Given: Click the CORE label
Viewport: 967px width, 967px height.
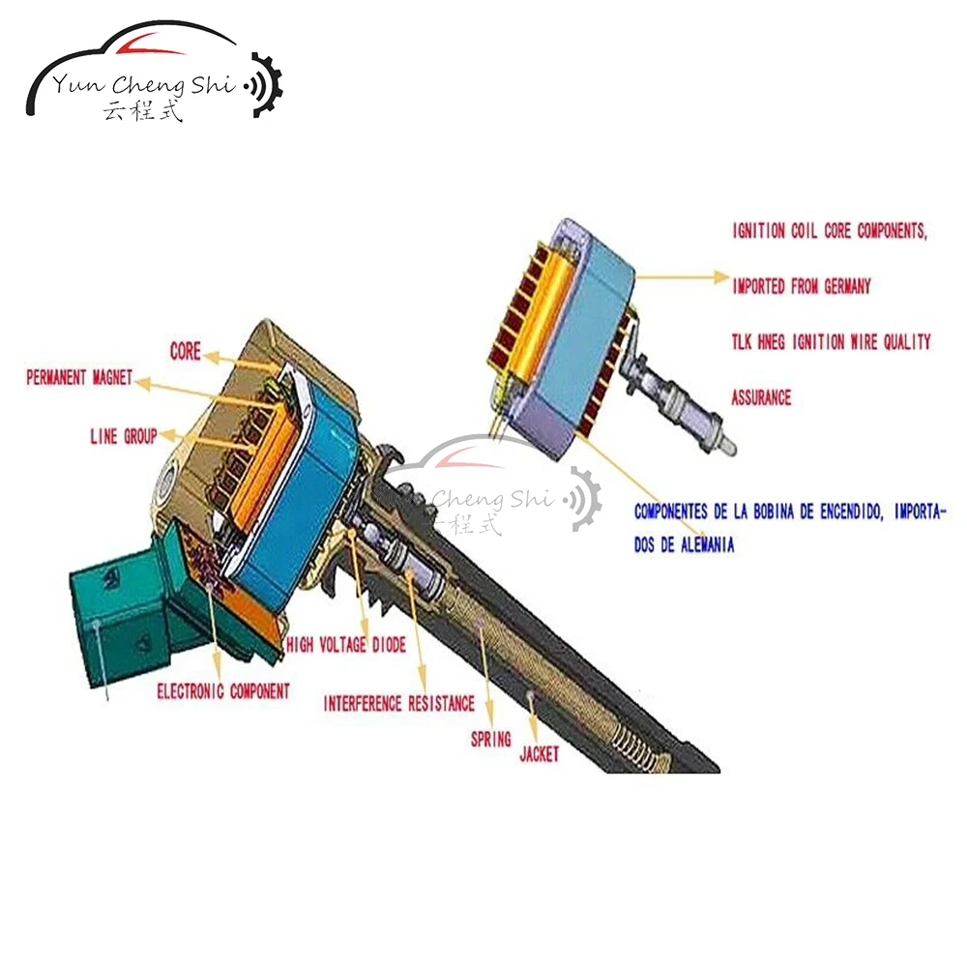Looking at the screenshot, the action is point(185,350).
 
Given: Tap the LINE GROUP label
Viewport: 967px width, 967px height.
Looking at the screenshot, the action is point(123,436).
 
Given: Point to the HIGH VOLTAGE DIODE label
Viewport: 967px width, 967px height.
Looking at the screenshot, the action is point(345,644).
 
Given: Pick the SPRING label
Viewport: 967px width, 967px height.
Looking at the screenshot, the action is point(490,740).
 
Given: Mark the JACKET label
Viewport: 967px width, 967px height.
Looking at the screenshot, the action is point(539,754).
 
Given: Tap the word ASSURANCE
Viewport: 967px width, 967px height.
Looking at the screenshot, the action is point(761,397).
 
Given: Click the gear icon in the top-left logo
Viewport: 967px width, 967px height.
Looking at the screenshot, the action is point(266,86).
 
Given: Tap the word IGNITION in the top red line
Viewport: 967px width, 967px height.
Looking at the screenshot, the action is point(760,232).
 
